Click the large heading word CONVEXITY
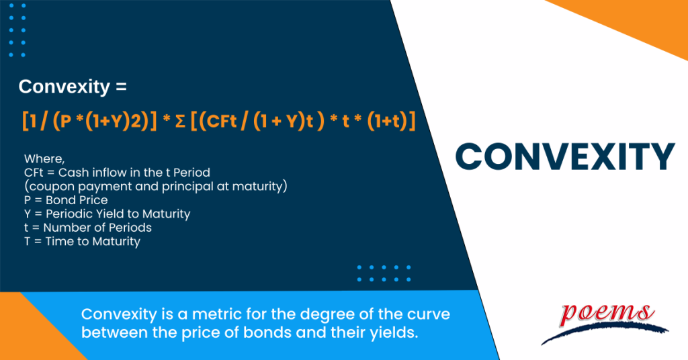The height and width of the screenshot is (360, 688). (564, 156)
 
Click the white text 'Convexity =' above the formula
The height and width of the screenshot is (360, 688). (73, 87)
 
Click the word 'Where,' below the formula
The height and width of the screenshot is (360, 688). (44, 159)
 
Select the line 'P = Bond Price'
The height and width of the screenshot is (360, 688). (66, 200)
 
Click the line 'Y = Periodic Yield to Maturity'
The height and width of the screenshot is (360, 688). (107, 214)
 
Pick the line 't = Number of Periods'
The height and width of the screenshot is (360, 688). (88, 228)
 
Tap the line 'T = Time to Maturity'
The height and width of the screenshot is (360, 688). (82, 241)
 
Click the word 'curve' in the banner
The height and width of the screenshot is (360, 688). (425, 314)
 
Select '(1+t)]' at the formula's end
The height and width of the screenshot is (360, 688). (391, 122)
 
